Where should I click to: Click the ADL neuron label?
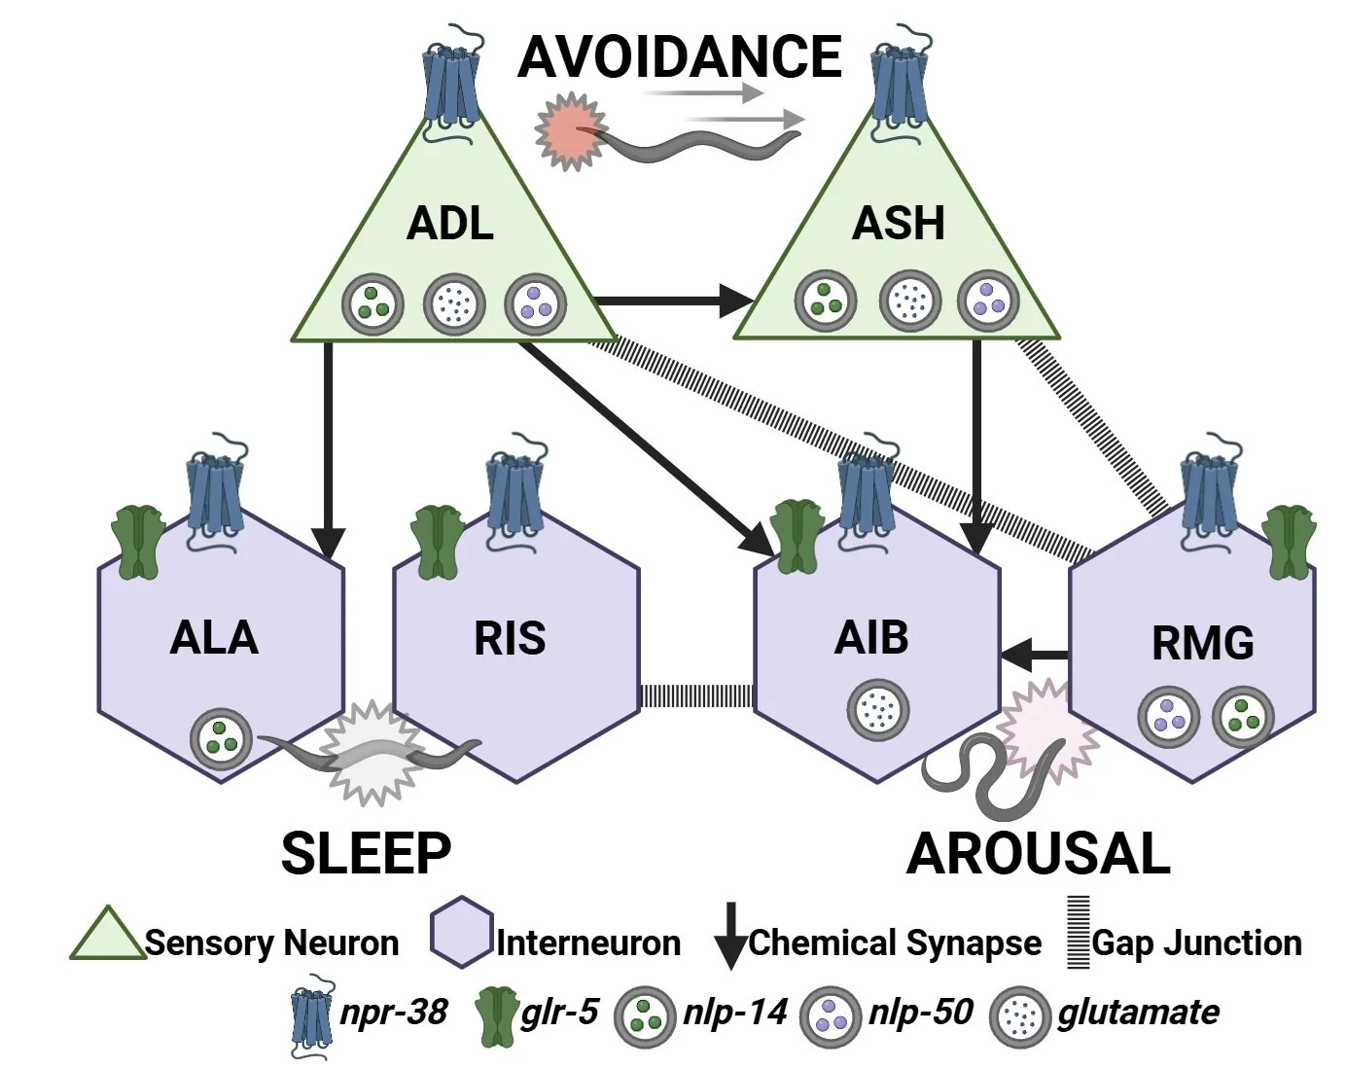click(x=449, y=224)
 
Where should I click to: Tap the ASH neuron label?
click(x=899, y=224)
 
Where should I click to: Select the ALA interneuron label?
click(x=214, y=637)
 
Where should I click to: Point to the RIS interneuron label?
click(x=510, y=638)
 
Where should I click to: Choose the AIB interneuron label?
click(x=871, y=637)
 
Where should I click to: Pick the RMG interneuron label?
click(x=1203, y=643)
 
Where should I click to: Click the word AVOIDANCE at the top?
click(x=680, y=57)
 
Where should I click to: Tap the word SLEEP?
click(x=367, y=853)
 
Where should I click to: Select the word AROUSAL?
click(x=1039, y=854)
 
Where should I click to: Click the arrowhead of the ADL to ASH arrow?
click(x=736, y=301)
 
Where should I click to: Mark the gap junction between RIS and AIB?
click(x=696, y=696)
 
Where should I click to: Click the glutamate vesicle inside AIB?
click(x=877, y=710)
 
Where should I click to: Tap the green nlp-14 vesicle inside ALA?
click(x=222, y=738)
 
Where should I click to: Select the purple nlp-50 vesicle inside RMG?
click(x=1168, y=716)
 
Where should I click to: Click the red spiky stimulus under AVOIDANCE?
click(x=571, y=130)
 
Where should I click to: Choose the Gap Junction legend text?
click(x=1196, y=943)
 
